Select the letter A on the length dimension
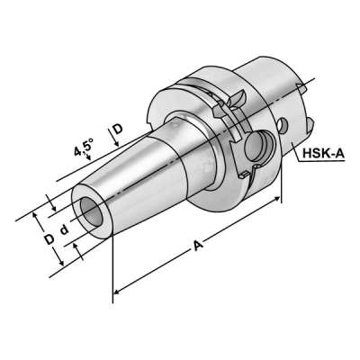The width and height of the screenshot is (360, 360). (x=196, y=246)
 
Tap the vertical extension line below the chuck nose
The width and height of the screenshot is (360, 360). (x=114, y=270)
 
